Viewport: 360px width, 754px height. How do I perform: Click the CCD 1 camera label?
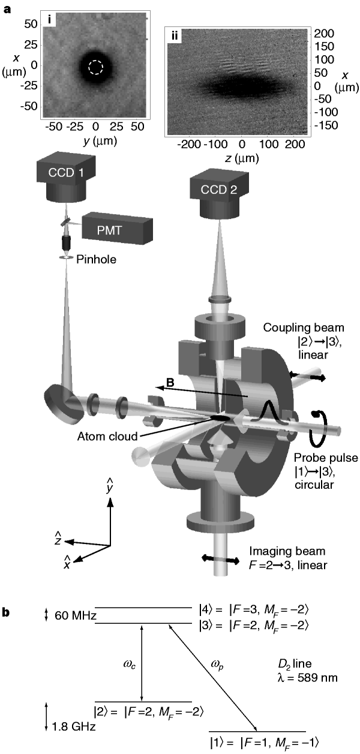coord(65,173)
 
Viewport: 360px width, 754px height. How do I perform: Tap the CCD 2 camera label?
coord(219,190)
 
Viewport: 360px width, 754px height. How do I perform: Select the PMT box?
coord(117,228)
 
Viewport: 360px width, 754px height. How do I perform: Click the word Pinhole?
coord(97,259)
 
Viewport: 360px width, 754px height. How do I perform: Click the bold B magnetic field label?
coord(170,383)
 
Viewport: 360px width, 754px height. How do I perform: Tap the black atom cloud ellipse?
coord(220,417)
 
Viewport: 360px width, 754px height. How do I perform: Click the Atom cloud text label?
coord(107,436)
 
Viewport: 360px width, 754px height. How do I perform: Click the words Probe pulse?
coord(326,458)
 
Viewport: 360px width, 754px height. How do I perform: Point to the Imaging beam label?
coord(287,551)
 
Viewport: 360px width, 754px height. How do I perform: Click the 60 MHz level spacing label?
coord(76,615)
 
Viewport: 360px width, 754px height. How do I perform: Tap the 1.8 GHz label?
coord(74,726)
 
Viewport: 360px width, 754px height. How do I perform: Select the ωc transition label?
coord(130,664)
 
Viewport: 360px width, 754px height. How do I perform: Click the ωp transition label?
coord(217,664)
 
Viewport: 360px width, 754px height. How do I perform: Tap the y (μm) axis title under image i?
coord(100,141)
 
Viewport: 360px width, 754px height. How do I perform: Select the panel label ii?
coord(175,35)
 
